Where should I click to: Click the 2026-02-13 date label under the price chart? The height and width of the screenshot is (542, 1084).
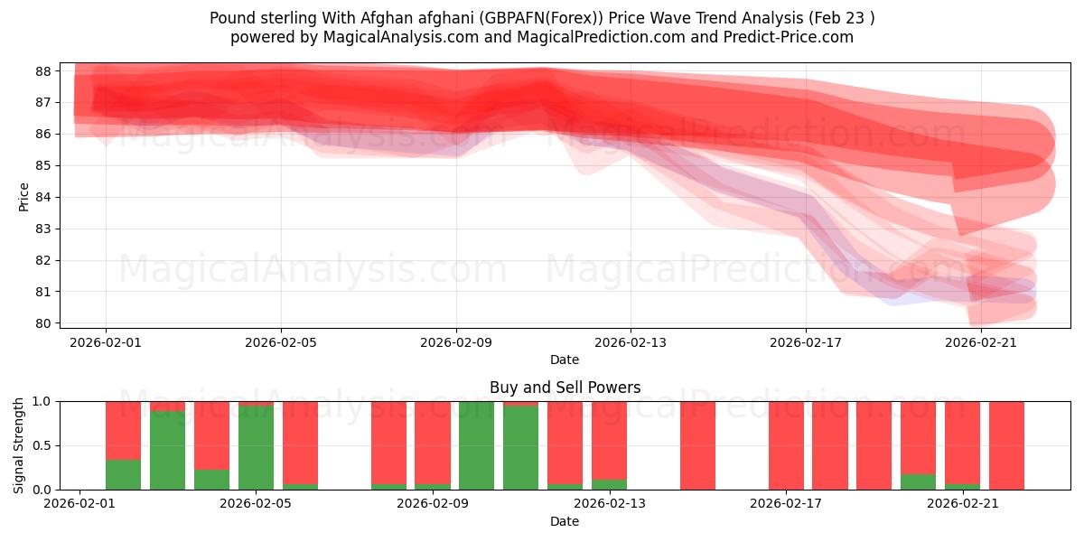point(631,342)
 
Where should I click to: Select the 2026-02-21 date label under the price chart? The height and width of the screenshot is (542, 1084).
point(981,342)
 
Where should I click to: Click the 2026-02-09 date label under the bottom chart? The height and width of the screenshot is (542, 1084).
point(433,504)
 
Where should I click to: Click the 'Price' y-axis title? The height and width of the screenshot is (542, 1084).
point(24,196)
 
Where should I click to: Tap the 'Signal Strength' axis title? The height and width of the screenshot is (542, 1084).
point(19,444)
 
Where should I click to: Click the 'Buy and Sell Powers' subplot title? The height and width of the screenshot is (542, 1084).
point(565,388)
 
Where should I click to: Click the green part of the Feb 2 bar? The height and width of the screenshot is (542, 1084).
point(123,475)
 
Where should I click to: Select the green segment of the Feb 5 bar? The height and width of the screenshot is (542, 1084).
point(256,448)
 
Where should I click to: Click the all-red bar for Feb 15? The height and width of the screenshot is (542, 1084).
point(697,445)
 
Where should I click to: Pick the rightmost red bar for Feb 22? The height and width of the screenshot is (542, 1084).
point(1006,445)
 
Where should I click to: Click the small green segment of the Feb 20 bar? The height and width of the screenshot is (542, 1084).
point(918,482)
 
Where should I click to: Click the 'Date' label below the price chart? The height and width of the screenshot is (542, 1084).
point(565,360)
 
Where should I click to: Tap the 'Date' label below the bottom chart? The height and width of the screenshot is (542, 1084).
point(565,521)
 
